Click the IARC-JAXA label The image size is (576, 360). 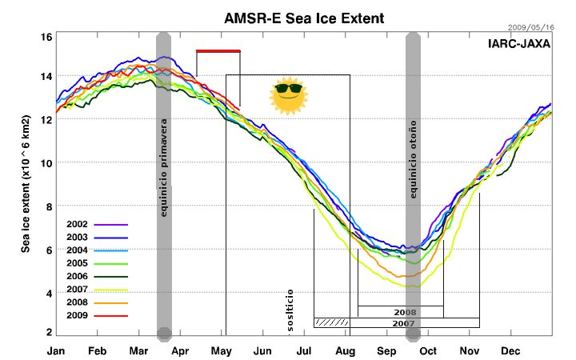coord(518,44)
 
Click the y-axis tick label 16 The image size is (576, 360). coord(46,38)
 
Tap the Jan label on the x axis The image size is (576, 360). coord(56,350)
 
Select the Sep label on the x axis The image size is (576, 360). coord(387,350)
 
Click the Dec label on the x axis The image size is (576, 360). coord(510,350)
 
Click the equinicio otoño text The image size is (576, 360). coord(414,160)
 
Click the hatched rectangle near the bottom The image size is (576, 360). coord(331,322)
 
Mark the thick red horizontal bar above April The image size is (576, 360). coord(218,51)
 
